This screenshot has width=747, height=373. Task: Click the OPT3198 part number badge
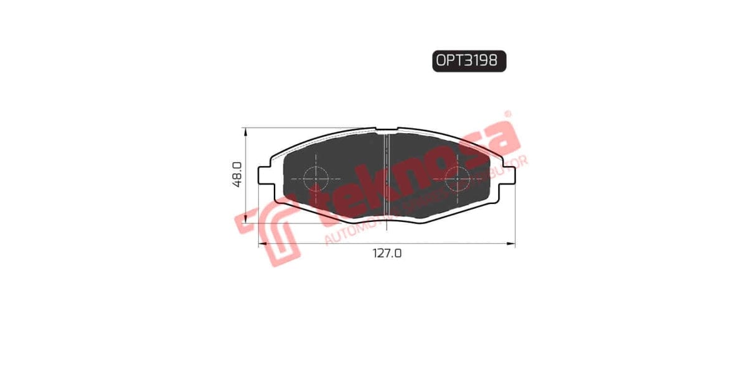(x=469, y=61)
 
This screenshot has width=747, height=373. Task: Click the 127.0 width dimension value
(x=387, y=254)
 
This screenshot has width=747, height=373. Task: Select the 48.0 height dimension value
(x=237, y=175)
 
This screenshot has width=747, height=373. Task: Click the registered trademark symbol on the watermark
(x=507, y=114)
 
